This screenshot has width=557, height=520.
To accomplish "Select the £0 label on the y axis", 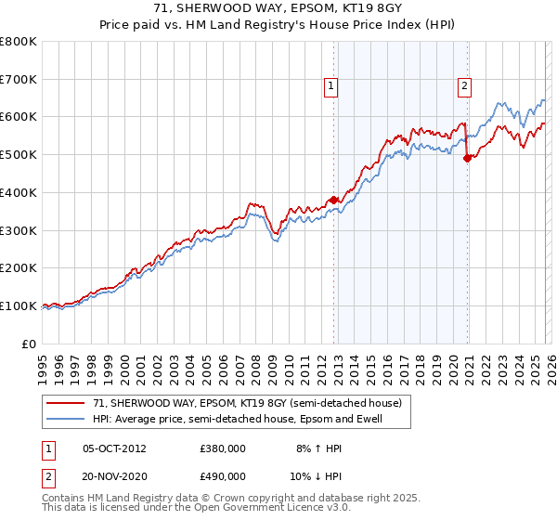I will [30, 344].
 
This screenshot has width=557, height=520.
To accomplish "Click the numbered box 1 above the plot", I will [331, 86].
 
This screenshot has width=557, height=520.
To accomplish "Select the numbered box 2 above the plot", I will [464, 86].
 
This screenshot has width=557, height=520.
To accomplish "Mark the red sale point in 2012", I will [333, 200].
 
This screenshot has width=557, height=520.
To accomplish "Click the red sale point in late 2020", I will [467, 158].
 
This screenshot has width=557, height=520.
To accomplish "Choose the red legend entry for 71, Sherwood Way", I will [247, 404].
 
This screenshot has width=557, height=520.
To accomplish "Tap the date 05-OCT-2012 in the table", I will [114, 448].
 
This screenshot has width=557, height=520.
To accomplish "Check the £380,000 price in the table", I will [223, 448].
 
